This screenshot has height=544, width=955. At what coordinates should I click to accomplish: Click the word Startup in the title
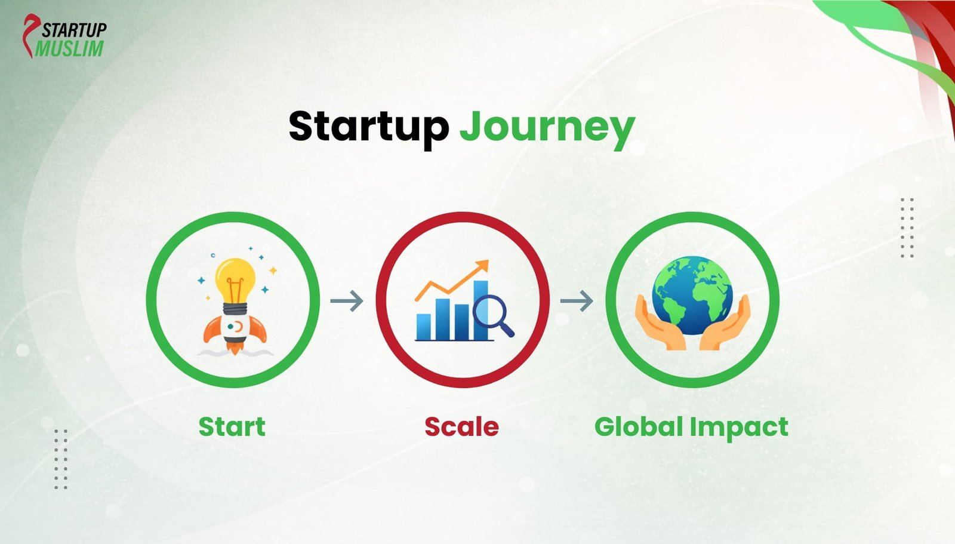(x=368, y=126)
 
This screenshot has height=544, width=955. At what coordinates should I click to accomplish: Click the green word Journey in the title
(x=546, y=127)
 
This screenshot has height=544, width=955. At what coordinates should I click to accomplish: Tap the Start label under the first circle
(x=232, y=427)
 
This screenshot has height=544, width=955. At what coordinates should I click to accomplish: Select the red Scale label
(x=461, y=427)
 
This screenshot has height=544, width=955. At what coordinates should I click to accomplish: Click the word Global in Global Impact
(x=638, y=427)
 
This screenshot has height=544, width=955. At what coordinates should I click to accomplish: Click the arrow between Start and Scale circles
(x=347, y=300)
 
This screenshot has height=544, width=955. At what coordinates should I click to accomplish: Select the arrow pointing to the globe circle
(x=577, y=300)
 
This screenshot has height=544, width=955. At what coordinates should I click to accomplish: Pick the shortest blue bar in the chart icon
(x=423, y=326)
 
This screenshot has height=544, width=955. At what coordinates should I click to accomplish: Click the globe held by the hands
(x=692, y=296)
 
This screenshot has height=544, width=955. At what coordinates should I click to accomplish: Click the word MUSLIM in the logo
(x=69, y=48)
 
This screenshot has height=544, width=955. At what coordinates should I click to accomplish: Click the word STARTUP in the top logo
(x=74, y=29)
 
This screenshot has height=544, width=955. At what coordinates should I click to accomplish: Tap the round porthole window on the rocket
(x=237, y=327)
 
